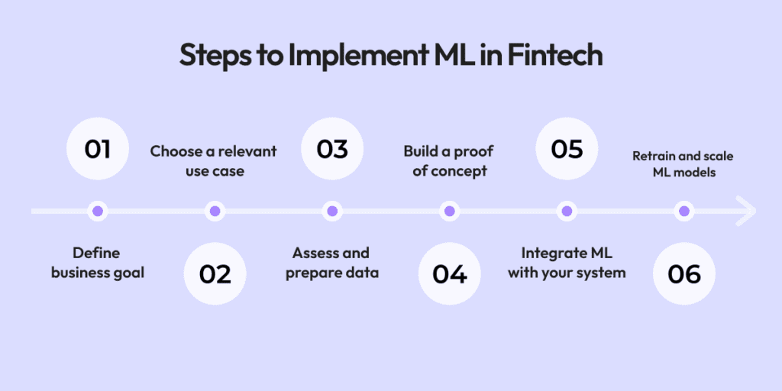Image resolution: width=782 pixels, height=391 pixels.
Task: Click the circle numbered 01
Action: click(x=97, y=149)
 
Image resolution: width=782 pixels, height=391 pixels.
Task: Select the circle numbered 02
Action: click(x=215, y=273)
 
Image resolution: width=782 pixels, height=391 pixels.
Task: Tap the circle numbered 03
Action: click(x=331, y=149)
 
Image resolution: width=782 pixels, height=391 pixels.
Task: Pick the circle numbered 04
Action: click(x=449, y=273)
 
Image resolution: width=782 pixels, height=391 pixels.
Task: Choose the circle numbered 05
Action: click(x=567, y=149)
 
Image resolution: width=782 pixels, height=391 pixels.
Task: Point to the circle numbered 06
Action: click(x=683, y=273)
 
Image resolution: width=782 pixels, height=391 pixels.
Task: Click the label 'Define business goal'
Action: click(x=97, y=263)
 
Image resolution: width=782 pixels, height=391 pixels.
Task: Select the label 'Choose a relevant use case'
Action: click(x=214, y=160)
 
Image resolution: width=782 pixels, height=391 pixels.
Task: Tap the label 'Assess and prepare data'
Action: click(x=331, y=263)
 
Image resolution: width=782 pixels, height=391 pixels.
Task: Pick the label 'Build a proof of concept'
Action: click(x=449, y=160)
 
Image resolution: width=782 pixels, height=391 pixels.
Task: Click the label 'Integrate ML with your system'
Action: click(x=567, y=263)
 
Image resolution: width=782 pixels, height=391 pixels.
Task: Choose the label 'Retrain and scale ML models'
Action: click(x=683, y=164)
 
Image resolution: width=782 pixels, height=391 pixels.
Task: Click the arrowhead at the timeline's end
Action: click(x=745, y=211)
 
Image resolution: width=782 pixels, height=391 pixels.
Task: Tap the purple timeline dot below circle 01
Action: click(x=97, y=211)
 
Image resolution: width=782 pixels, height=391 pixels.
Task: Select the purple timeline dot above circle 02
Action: click(x=215, y=211)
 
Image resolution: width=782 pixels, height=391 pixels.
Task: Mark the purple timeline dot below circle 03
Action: click(x=331, y=211)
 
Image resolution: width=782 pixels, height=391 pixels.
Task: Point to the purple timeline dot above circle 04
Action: click(x=449, y=211)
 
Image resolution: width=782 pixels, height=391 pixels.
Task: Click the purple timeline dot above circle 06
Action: click(x=683, y=211)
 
